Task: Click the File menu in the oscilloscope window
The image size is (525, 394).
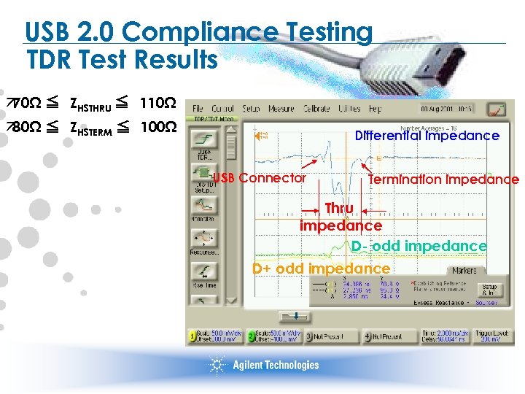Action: click(198, 109)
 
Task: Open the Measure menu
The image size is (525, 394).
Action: click(281, 109)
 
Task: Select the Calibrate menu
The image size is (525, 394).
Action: click(316, 109)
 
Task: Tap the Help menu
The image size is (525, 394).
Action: click(375, 109)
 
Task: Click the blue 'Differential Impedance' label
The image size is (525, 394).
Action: click(427, 136)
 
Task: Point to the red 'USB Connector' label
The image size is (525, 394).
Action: click(259, 177)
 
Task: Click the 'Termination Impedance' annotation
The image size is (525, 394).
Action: click(443, 179)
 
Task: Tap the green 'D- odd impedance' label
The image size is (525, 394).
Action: click(419, 246)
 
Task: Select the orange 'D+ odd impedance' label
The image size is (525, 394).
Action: click(321, 268)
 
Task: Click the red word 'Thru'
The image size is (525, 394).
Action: click(339, 208)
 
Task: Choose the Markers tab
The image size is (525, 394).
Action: click(464, 270)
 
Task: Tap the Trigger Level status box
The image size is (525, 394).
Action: click(493, 336)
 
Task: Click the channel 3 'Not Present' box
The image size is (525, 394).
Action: click(330, 336)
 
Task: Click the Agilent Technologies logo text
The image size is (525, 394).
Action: click(276, 365)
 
